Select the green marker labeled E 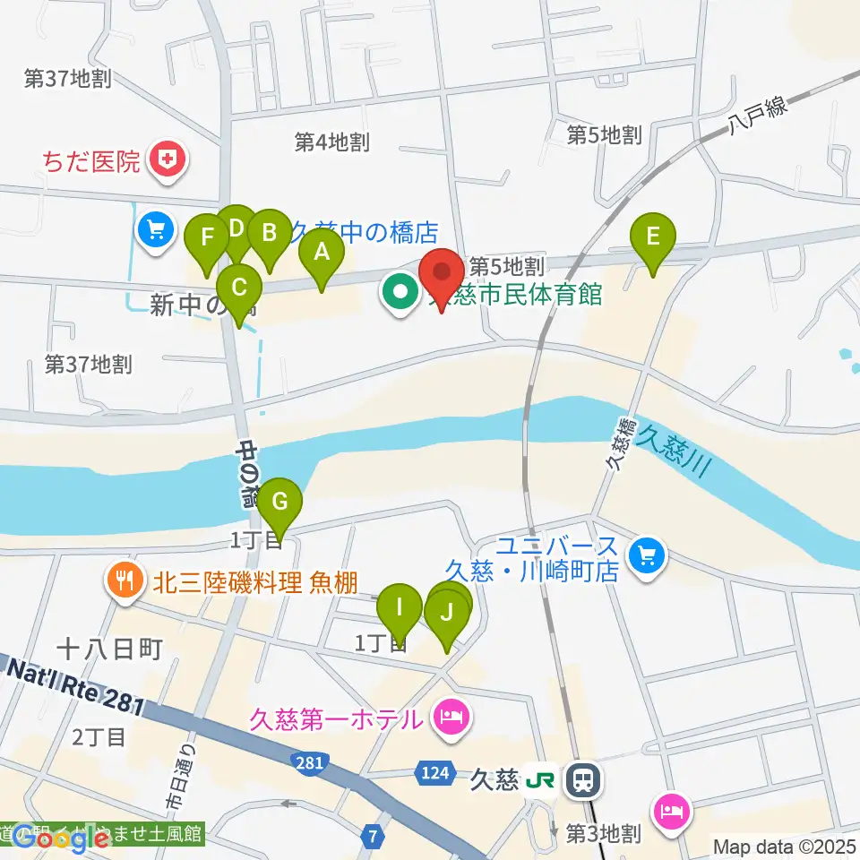coord(653,237)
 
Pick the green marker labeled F coord(207,239)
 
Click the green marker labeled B coord(268,235)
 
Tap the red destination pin coord(442,273)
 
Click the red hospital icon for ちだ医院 coord(167,160)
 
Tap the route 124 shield coord(431,771)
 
